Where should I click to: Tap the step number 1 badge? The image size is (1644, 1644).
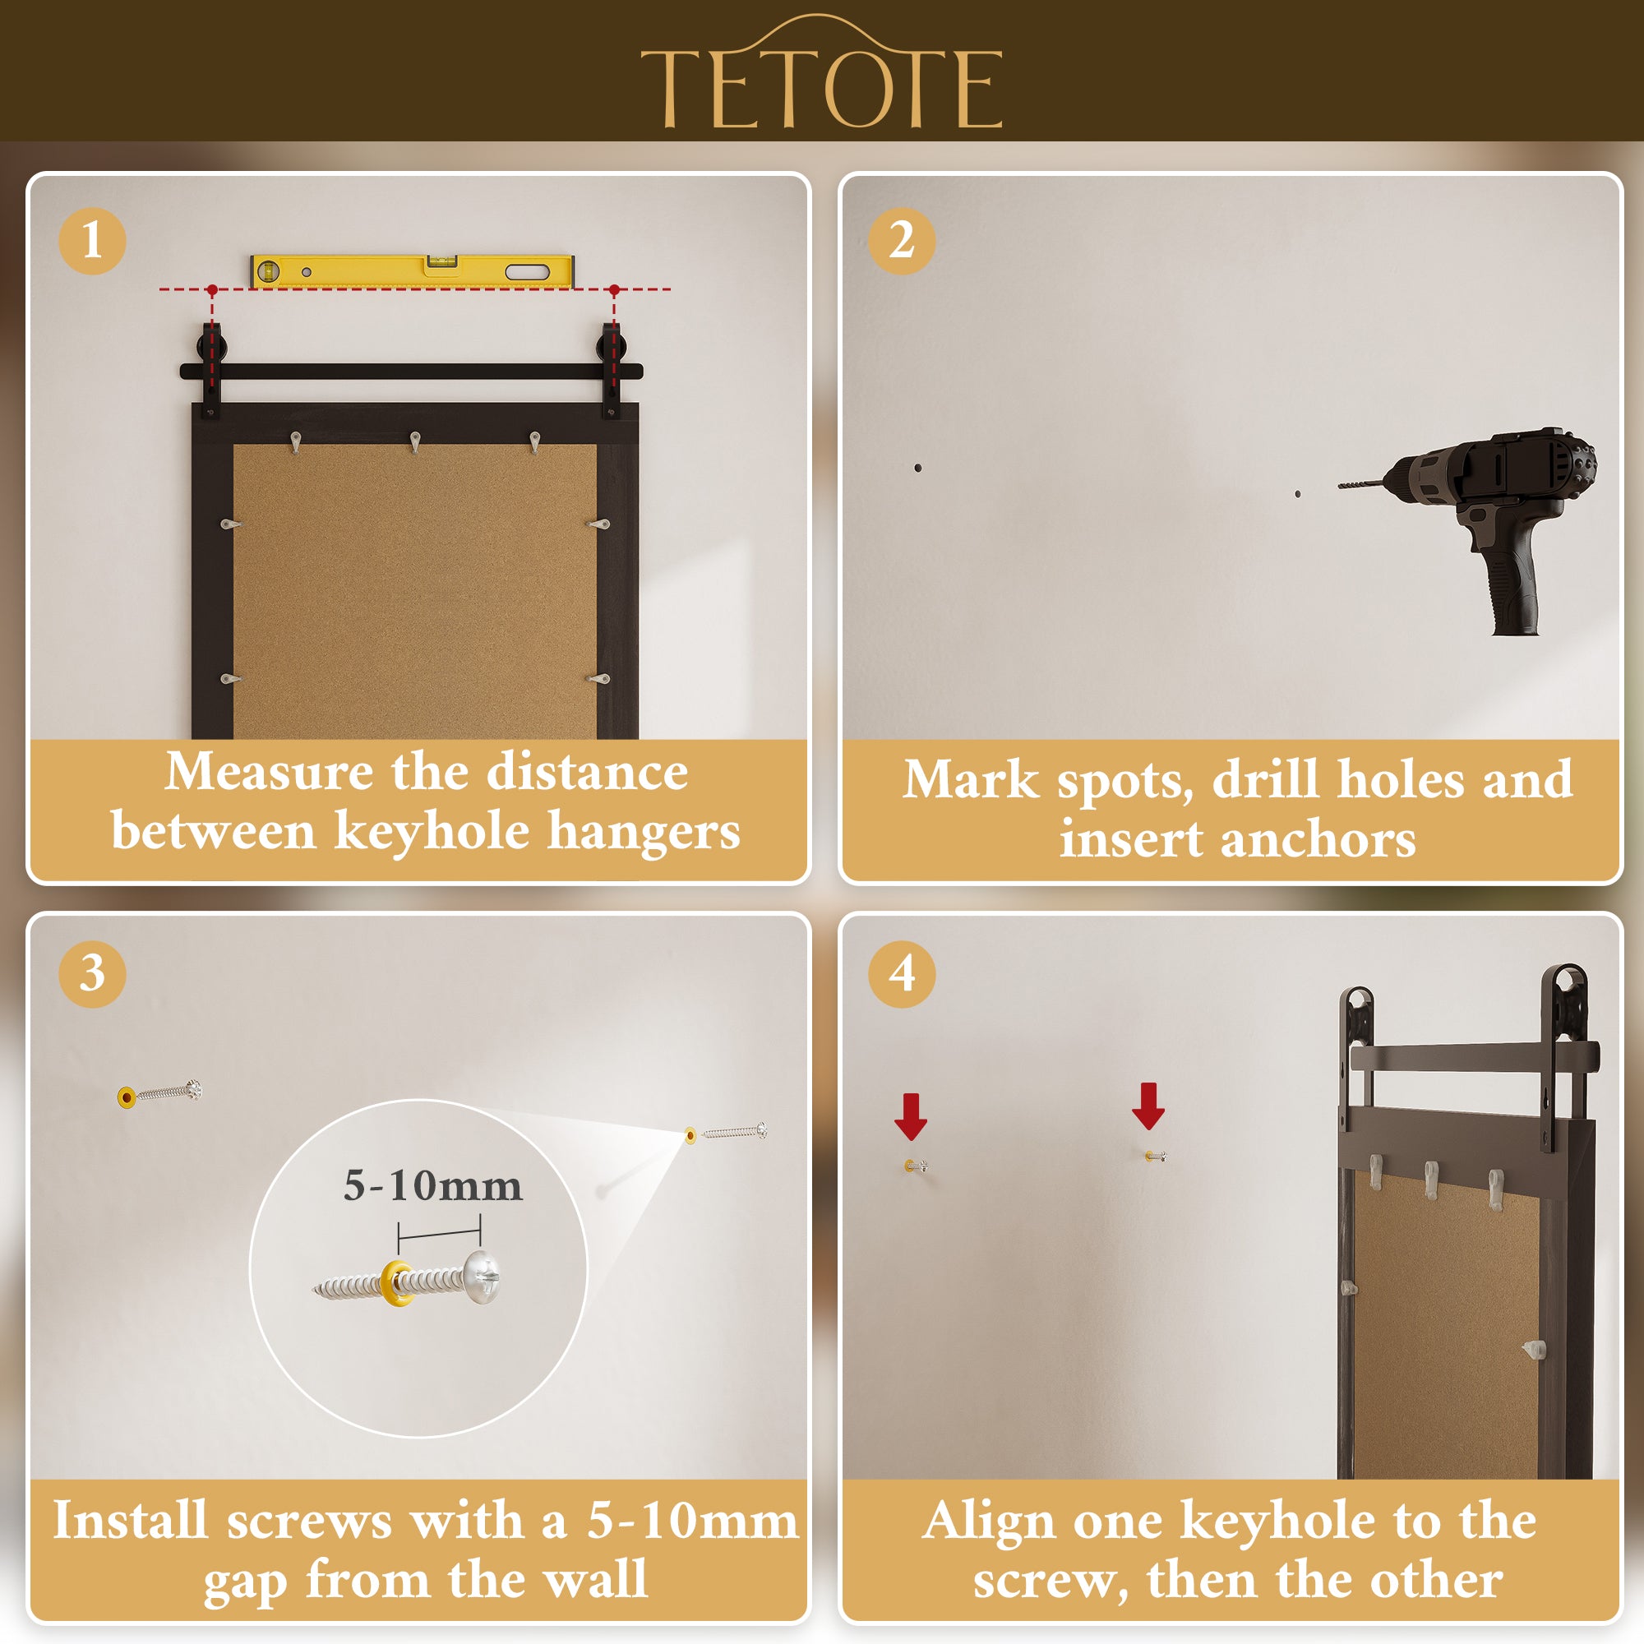tap(92, 241)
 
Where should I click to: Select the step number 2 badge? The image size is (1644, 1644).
tap(902, 241)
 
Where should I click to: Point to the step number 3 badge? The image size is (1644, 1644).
tap(92, 973)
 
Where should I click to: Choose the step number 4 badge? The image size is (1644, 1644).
tap(902, 973)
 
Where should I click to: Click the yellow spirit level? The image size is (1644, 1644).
tap(413, 270)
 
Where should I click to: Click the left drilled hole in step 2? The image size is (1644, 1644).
tap(917, 468)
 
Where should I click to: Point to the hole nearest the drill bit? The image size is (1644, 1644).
tap(1298, 493)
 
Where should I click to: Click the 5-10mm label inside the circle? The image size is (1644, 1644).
tap(432, 1186)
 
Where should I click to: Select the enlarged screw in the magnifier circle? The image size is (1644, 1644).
tap(408, 1278)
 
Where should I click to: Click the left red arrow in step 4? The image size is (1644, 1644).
tap(911, 1116)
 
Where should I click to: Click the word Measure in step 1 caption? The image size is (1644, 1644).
tap(269, 772)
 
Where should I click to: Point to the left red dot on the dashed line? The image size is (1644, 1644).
tap(212, 290)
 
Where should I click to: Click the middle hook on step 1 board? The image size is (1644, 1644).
tap(415, 442)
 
